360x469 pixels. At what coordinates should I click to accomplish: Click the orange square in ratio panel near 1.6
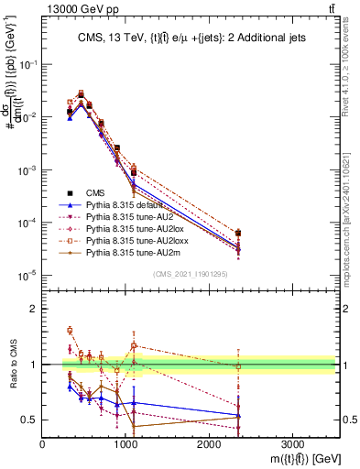(x=70, y=331)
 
